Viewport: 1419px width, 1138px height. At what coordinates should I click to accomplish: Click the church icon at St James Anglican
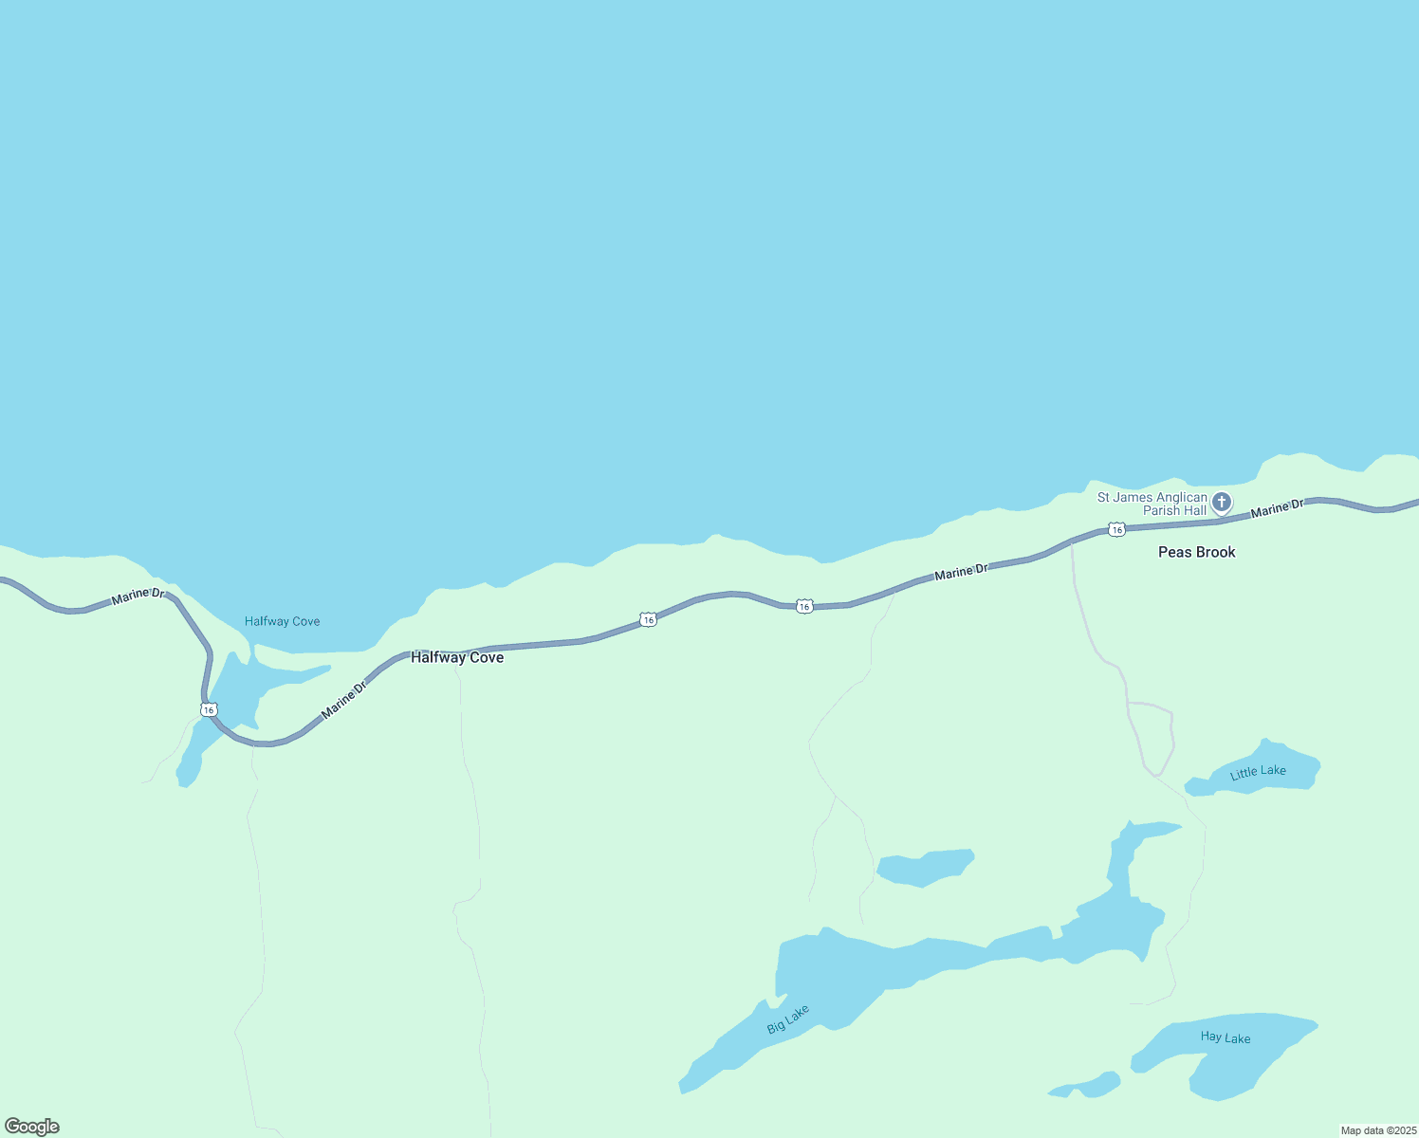tap(1222, 502)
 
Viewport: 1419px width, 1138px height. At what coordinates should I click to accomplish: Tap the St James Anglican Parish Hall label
tap(1152, 504)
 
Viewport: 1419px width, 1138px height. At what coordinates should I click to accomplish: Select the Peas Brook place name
tap(1196, 552)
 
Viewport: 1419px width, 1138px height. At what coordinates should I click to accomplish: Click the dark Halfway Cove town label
tap(457, 657)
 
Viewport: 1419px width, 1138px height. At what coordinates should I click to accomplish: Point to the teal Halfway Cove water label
tap(282, 621)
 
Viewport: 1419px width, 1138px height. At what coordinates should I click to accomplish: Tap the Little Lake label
tap(1258, 772)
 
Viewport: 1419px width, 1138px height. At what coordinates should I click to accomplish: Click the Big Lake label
tap(788, 1019)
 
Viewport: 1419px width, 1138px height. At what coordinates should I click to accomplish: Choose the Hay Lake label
tap(1225, 1037)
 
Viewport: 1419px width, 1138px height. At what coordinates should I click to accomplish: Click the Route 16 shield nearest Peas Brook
tap(1117, 529)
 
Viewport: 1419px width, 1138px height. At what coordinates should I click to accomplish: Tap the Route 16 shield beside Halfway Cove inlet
tap(209, 709)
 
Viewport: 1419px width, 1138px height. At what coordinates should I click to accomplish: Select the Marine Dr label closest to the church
tap(1277, 508)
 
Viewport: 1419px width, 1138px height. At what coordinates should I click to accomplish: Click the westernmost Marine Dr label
tap(138, 597)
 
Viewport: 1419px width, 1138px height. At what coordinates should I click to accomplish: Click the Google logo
tap(32, 1127)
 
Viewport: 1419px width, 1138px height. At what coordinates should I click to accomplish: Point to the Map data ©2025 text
tap(1378, 1130)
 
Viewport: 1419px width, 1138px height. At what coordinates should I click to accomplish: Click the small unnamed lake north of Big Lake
tap(924, 867)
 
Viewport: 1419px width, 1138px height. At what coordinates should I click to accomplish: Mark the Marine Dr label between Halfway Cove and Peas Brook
tap(961, 572)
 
